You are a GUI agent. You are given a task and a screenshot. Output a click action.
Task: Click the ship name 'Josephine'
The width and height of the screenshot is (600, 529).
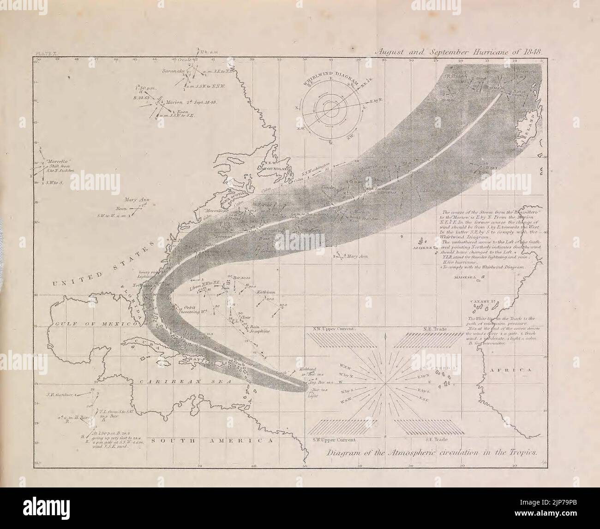pyautogui.click(x=257, y=331)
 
